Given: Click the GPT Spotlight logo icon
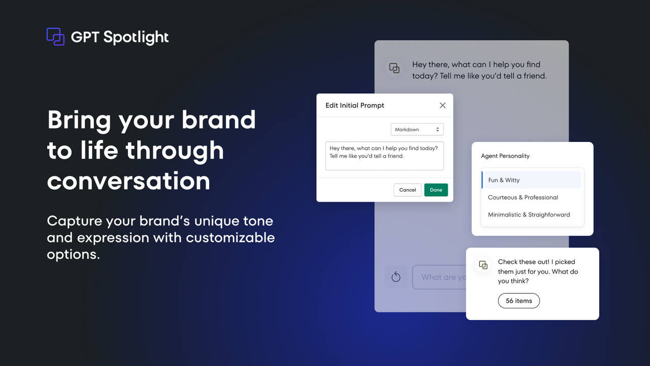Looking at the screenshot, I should tap(55, 37).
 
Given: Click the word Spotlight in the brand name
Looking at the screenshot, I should tap(136, 37).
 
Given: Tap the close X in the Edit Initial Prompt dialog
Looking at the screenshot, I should tap(442, 105).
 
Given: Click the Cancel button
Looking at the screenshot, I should tap(407, 190).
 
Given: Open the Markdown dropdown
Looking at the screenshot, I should tap(417, 130).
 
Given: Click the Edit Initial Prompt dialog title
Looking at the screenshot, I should tap(355, 105).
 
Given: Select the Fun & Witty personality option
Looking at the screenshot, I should tap(504, 180).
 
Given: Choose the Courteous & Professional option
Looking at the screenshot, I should tap(523, 197).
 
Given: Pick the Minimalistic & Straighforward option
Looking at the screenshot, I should tap(529, 215).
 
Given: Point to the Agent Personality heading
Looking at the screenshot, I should tap(505, 156).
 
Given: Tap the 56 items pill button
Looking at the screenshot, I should tap(518, 301).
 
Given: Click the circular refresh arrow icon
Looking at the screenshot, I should tap(396, 277).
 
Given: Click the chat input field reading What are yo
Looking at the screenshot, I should tap(440, 277).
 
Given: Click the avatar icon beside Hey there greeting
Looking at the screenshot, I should tap(394, 68).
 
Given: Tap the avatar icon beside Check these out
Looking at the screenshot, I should tap(483, 265).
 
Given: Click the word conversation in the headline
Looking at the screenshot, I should tap(128, 181).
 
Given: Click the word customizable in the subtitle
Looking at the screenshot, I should tap(230, 237).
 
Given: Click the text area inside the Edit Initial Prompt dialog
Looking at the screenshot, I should tap(384, 156).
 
